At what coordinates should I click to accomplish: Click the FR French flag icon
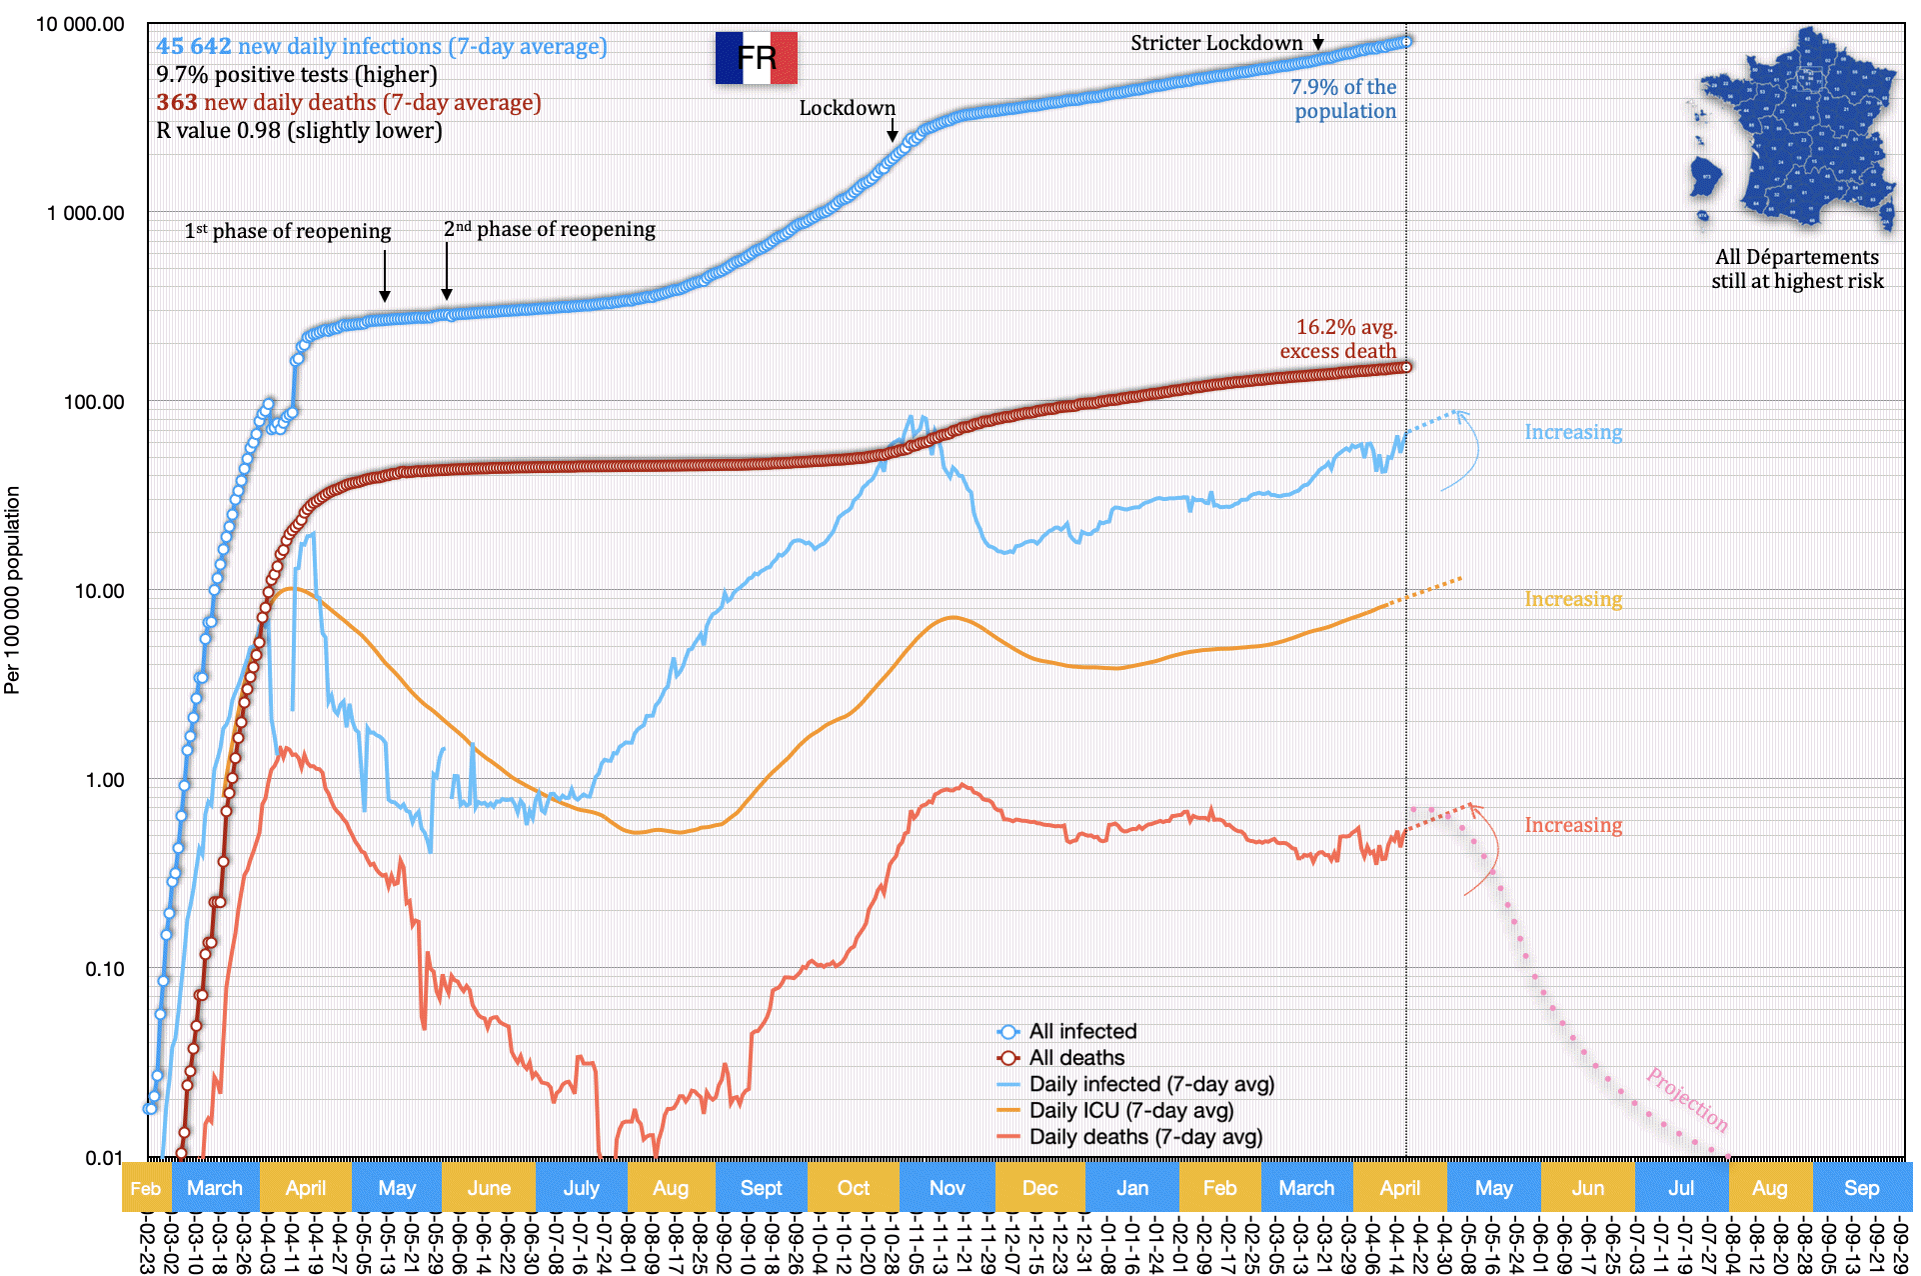(x=756, y=58)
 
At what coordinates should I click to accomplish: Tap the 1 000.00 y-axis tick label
(x=86, y=213)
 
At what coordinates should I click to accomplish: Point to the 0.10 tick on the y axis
(x=104, y=969)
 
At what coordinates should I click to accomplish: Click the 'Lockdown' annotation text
(x=847, y=108)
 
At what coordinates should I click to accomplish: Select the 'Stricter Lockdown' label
(x=1216, y=43)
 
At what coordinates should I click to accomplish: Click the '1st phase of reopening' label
(x=288, y=231)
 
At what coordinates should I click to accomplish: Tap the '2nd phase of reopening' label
(x=550, y=229)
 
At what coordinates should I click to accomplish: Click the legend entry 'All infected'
(x=1082, y=1031)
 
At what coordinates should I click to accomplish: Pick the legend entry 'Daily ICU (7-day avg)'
(x=1130, y=1110)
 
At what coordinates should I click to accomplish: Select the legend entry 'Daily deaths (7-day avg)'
(x=1145, y=1137)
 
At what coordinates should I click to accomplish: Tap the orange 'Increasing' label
(x=1573, y=599)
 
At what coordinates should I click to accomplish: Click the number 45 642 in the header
(x=194, y=46)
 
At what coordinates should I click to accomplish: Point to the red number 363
(x=177, y=102)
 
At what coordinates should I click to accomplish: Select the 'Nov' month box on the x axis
(x=947, y=1188)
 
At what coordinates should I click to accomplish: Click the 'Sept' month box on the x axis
(x=761, y=1188)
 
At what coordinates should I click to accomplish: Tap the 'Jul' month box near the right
(x=1681, y=1188)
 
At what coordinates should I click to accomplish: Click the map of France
(x=1795, y=130)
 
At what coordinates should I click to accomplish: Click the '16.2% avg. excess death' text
(x=1338, y=339)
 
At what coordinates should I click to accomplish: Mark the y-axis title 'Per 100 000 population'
(x=12, y=590)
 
